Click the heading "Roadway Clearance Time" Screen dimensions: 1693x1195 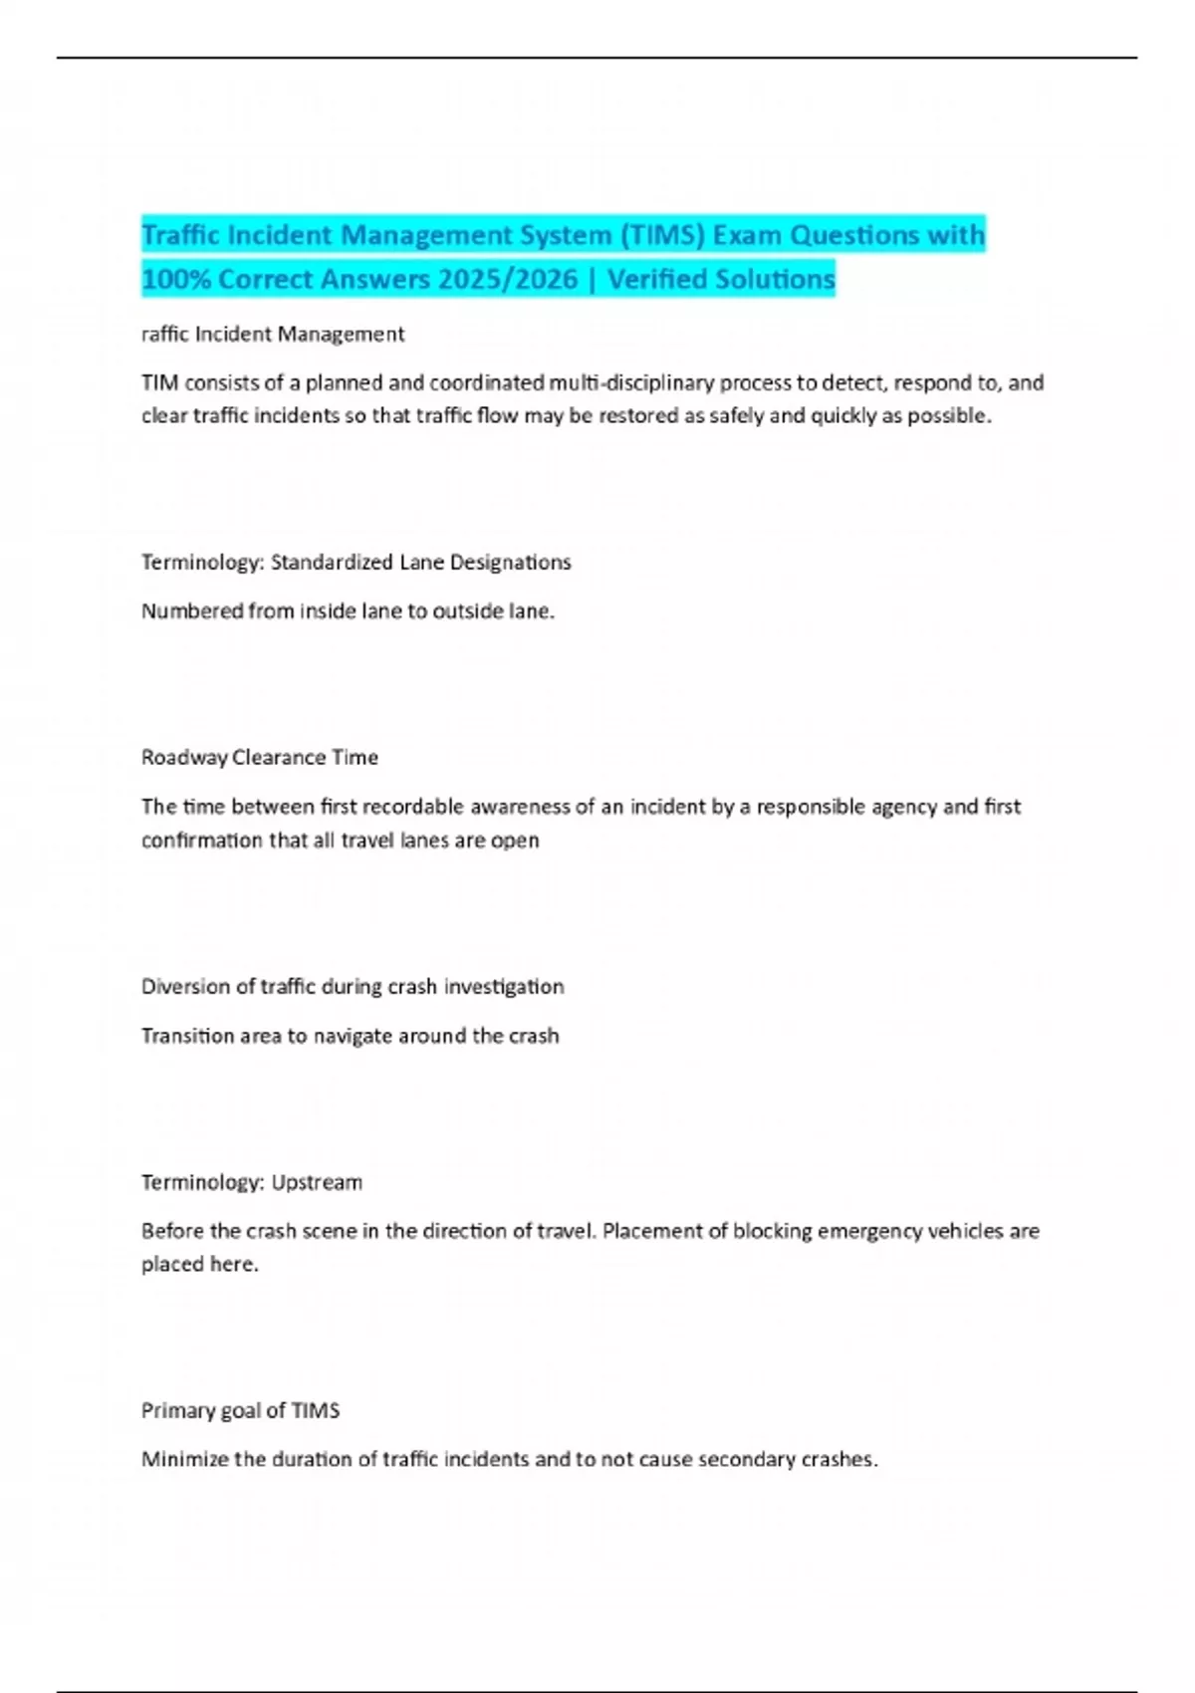pos(260,758)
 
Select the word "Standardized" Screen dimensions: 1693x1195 pos(332,563)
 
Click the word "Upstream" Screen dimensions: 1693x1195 pos(317,1183)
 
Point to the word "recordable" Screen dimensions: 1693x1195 pos(413,807)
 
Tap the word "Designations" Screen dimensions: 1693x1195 pos(510,563)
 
